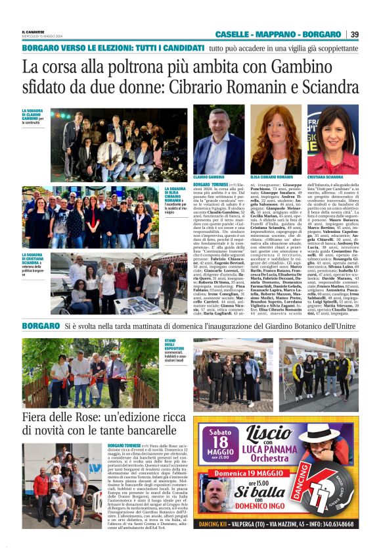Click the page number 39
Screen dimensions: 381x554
point(354,34)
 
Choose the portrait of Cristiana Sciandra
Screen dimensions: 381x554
point(332,139)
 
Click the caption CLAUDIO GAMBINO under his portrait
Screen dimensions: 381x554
point(208,177)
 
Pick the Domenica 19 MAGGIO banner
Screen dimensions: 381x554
point(273,472)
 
